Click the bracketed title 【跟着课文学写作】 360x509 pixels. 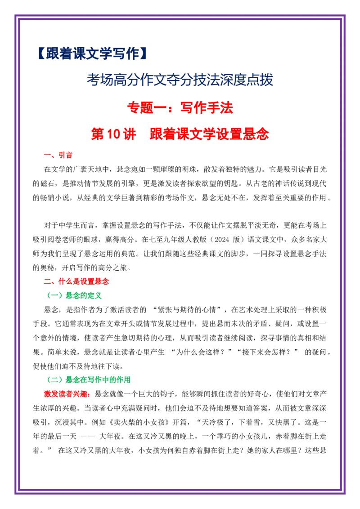(x=92, y=54)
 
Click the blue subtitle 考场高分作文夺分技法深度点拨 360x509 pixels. (x=180, y=80)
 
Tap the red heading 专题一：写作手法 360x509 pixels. (x=180, y=108)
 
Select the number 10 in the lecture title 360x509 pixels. (x=113, y=134)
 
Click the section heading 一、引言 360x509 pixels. (x=58, y=155)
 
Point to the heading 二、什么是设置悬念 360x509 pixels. (x=76, y=281)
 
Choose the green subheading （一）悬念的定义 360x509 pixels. (x=74, y=295)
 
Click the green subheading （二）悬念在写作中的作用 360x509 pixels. (x=89, y=380)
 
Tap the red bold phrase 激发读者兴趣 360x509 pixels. (x=66, y=394)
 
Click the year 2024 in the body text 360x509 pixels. (x=222, y=240)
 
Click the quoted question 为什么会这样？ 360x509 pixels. (x=200, y=352)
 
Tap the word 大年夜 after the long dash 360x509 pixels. (x=110, y=437)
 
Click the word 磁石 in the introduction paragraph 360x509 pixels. (x=47, y=183)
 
